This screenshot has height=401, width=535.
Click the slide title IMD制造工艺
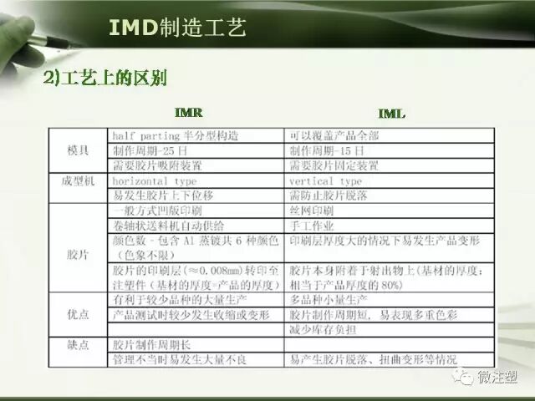(177, 28)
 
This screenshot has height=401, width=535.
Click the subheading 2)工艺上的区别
(105, 79)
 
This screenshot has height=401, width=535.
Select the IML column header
(392, 113)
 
